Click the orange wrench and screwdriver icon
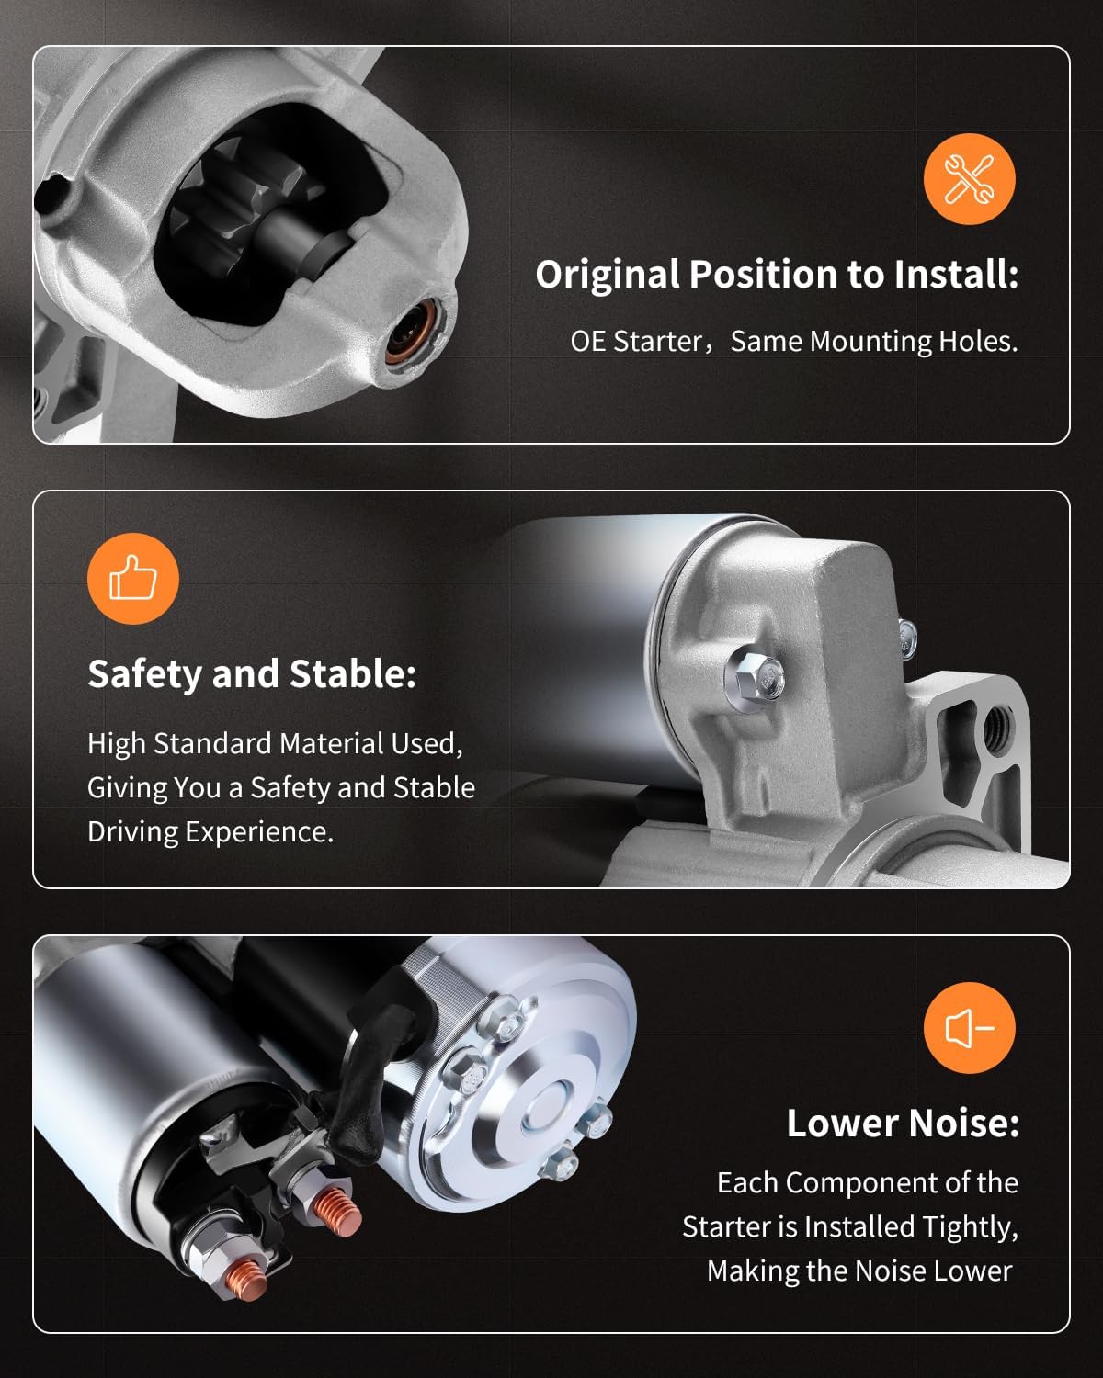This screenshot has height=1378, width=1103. pos(969,179)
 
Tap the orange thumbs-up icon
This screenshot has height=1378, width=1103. pos(133,579)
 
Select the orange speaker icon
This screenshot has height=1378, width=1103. pos(969,1028)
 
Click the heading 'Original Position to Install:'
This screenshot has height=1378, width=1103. pos(777,275)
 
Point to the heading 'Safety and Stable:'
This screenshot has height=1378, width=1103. pos(252,674)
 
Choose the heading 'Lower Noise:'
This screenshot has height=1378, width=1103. pos(903,1124)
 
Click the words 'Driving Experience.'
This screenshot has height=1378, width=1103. pos(210,831)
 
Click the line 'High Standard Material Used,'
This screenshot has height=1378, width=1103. pos(275,743)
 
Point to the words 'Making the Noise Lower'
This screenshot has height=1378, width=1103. pos(859,1271)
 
